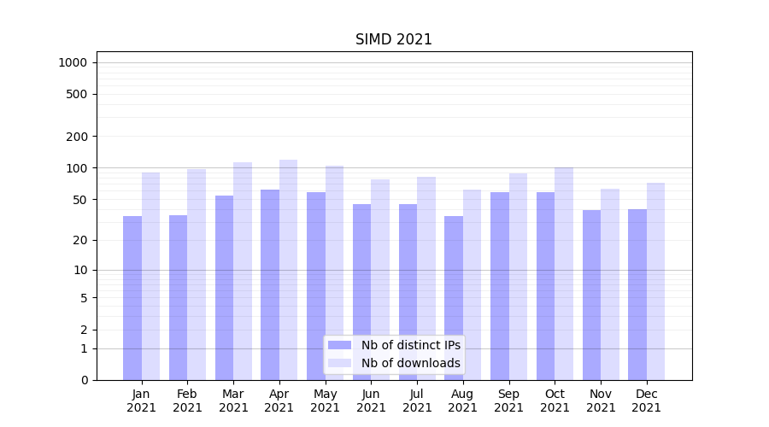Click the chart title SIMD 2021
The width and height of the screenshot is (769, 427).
pyautogui.click(x=394, y=39)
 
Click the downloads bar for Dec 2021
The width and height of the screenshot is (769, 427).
pyautogui.click(x=655, y=281)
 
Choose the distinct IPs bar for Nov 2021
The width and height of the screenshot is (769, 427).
pyautogui.click(x=591, y=295)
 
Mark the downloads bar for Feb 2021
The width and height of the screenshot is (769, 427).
pyautogui.click(x=197, y=273)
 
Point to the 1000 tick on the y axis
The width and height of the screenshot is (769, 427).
pyautogui.click(x=72, y=62)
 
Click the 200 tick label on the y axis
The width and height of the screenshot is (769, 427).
pyautogui.click(x=77, y=137)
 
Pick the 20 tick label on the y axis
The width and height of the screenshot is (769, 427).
pyautogui.click(x=80, y=240)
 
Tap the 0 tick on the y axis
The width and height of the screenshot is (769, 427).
pyautogui.click(x=84, y=380)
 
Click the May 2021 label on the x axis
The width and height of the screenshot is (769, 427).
pyautogui.click(x=325, y=401)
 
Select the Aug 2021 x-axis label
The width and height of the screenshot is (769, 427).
pyautogui.click(x=463, y=401)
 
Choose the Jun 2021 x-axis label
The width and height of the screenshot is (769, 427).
pyautogui.click(x=371, y=401)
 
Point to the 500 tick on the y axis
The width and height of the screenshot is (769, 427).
pyautogui.click(x=77, y=94)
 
